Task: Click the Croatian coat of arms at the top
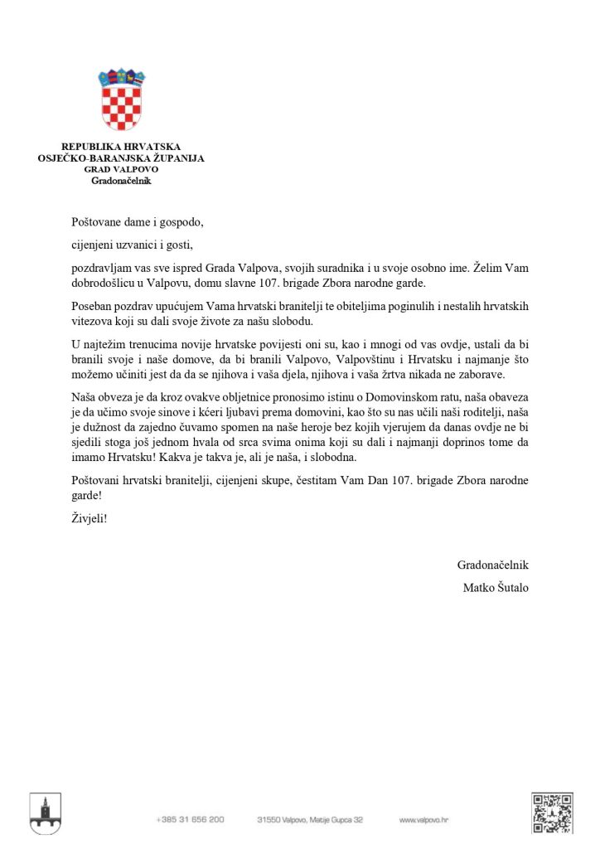point(122,102)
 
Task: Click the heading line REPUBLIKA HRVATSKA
point(121,147)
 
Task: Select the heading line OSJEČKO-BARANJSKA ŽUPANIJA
point(121,158)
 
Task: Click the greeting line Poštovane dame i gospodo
point(137,222)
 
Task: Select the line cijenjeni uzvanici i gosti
point(136,245)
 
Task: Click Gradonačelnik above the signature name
point(493,565)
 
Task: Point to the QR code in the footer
point(552,813)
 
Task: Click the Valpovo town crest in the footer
point(45,813)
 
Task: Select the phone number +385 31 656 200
point(190,819)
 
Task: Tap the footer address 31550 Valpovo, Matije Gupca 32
point(310,819)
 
